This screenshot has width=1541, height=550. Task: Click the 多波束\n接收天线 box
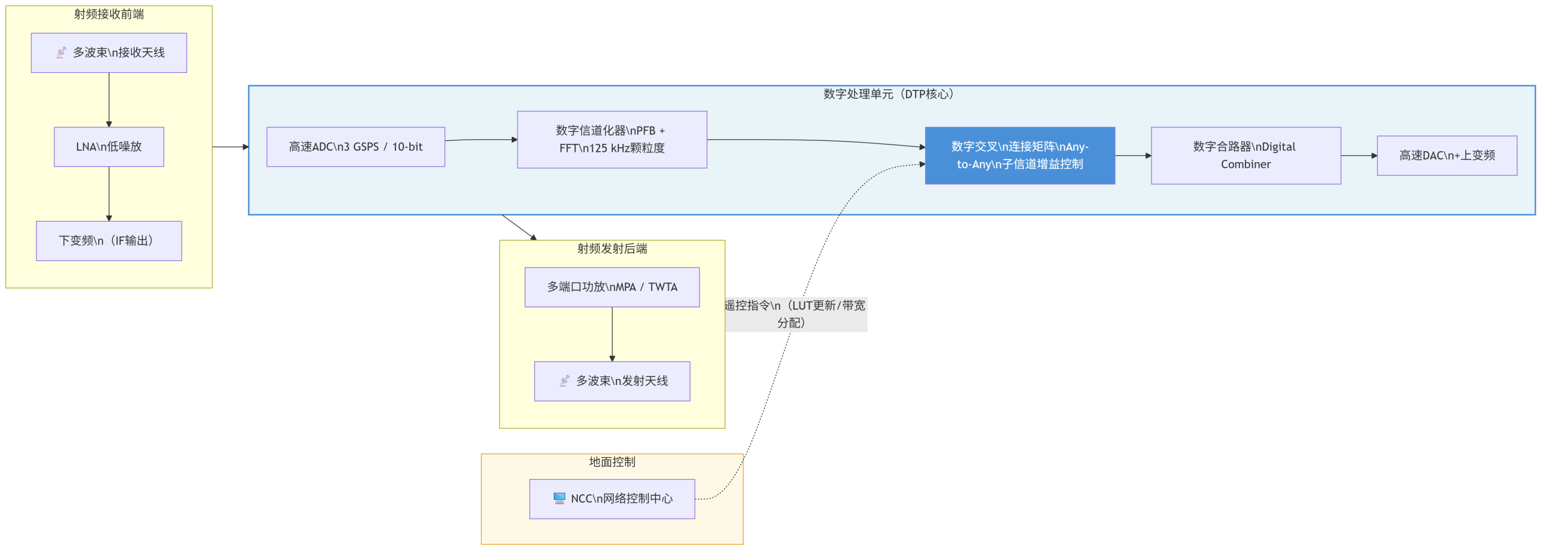click(109, 53)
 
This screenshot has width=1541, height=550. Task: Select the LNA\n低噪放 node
click(109, 146)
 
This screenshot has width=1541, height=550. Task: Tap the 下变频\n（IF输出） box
click(109, 240)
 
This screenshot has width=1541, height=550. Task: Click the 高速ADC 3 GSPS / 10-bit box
click(356, 146)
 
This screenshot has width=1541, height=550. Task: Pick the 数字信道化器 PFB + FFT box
click(612, 139)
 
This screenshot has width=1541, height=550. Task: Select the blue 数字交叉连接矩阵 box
click(1020, 155)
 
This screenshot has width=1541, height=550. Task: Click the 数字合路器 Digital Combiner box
click(1245, 155)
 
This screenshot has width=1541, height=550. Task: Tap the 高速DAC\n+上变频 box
click(1446, 155)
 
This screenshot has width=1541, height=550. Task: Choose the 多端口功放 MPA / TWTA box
click(612, 287)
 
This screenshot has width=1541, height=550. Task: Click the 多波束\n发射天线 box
click(612, 381)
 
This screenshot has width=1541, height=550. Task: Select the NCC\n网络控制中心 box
click(612, 499)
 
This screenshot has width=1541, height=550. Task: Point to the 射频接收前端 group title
click(109, 14)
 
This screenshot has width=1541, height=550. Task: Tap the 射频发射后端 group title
click(612, 248)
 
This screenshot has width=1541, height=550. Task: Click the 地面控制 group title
click(612, 462)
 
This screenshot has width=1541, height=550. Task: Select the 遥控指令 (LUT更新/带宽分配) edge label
click(795, 314)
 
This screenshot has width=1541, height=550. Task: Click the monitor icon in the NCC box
click(559, 498)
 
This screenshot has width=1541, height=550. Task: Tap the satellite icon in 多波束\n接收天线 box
click(61, 53)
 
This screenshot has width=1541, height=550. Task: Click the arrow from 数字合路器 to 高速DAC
click(1359, 155)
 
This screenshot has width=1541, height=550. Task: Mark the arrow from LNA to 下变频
click(109, 193)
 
